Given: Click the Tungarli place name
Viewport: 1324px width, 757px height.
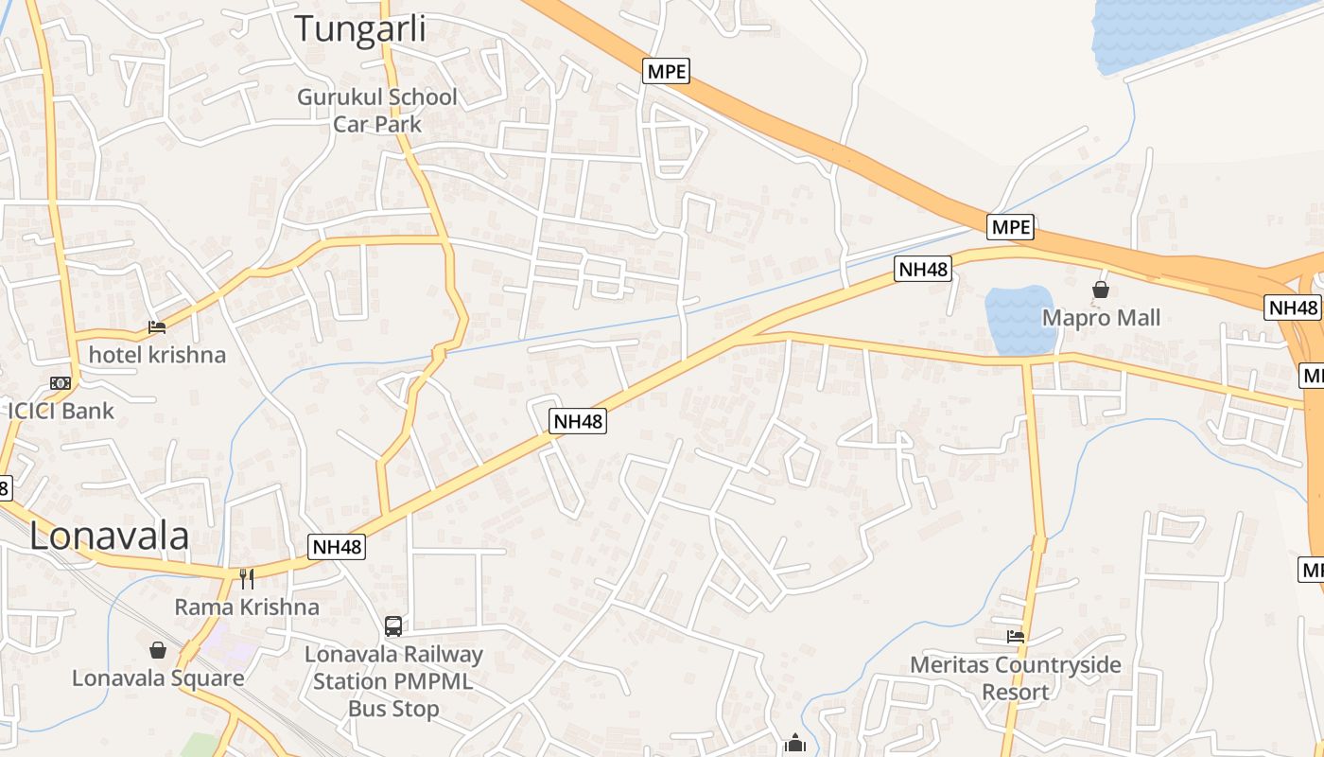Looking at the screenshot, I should click(x=359, y=28).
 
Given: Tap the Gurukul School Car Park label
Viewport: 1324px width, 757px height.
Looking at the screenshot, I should click(x=376, y=110).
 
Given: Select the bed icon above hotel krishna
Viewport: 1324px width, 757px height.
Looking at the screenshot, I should click(x=157, y=327).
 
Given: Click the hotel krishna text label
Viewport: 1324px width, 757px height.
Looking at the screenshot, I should click(x=157, y=355).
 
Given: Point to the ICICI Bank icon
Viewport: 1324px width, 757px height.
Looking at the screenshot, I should click(x=61, y=383).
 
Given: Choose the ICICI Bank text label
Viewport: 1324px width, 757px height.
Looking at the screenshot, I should click(x=61, y=411).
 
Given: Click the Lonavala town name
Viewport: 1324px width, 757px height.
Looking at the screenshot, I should click(x=109, y=537).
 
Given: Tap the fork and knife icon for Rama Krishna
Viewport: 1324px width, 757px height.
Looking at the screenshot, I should click(x=246, y=578).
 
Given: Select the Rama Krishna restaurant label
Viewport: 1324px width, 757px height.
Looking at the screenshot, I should click(x=246, y=607).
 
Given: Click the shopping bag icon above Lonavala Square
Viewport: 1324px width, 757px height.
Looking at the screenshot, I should click(x=158, y=650).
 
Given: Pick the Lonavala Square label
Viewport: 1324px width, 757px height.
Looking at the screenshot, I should click(x=158, y=678).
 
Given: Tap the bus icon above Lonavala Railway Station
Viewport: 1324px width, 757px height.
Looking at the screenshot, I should click(x=393, y=625).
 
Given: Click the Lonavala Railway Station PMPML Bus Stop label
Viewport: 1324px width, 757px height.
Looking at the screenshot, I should click(x=393, y=681).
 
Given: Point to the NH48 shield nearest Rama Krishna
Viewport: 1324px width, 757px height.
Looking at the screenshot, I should click(x=337, y=547).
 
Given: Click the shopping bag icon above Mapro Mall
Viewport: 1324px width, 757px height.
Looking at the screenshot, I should click(x=1101, y=290).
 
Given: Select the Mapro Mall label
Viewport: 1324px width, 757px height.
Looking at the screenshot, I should click(x=1101, y=318).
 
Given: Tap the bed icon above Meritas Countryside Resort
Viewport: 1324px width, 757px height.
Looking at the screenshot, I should click(x=1016, y=637).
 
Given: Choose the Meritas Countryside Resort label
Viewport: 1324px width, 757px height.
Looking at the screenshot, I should click(x=1016, y=678).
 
